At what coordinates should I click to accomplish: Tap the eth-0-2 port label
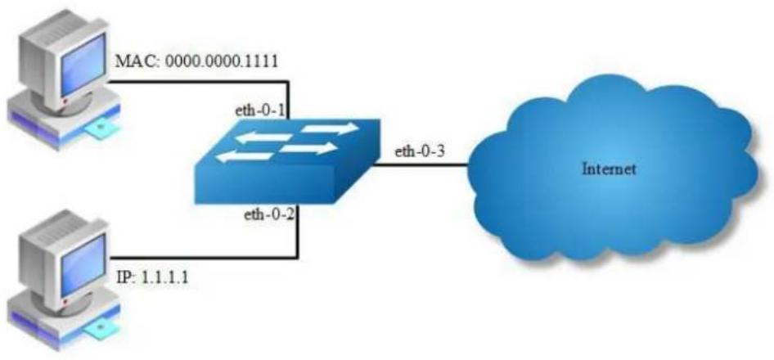pos(269,216)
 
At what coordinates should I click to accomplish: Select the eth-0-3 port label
pos(420,151)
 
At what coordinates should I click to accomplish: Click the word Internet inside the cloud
pos(609,169)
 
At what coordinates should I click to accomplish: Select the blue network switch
pos(287,161)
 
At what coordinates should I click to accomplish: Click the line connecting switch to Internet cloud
pos(420,165)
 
